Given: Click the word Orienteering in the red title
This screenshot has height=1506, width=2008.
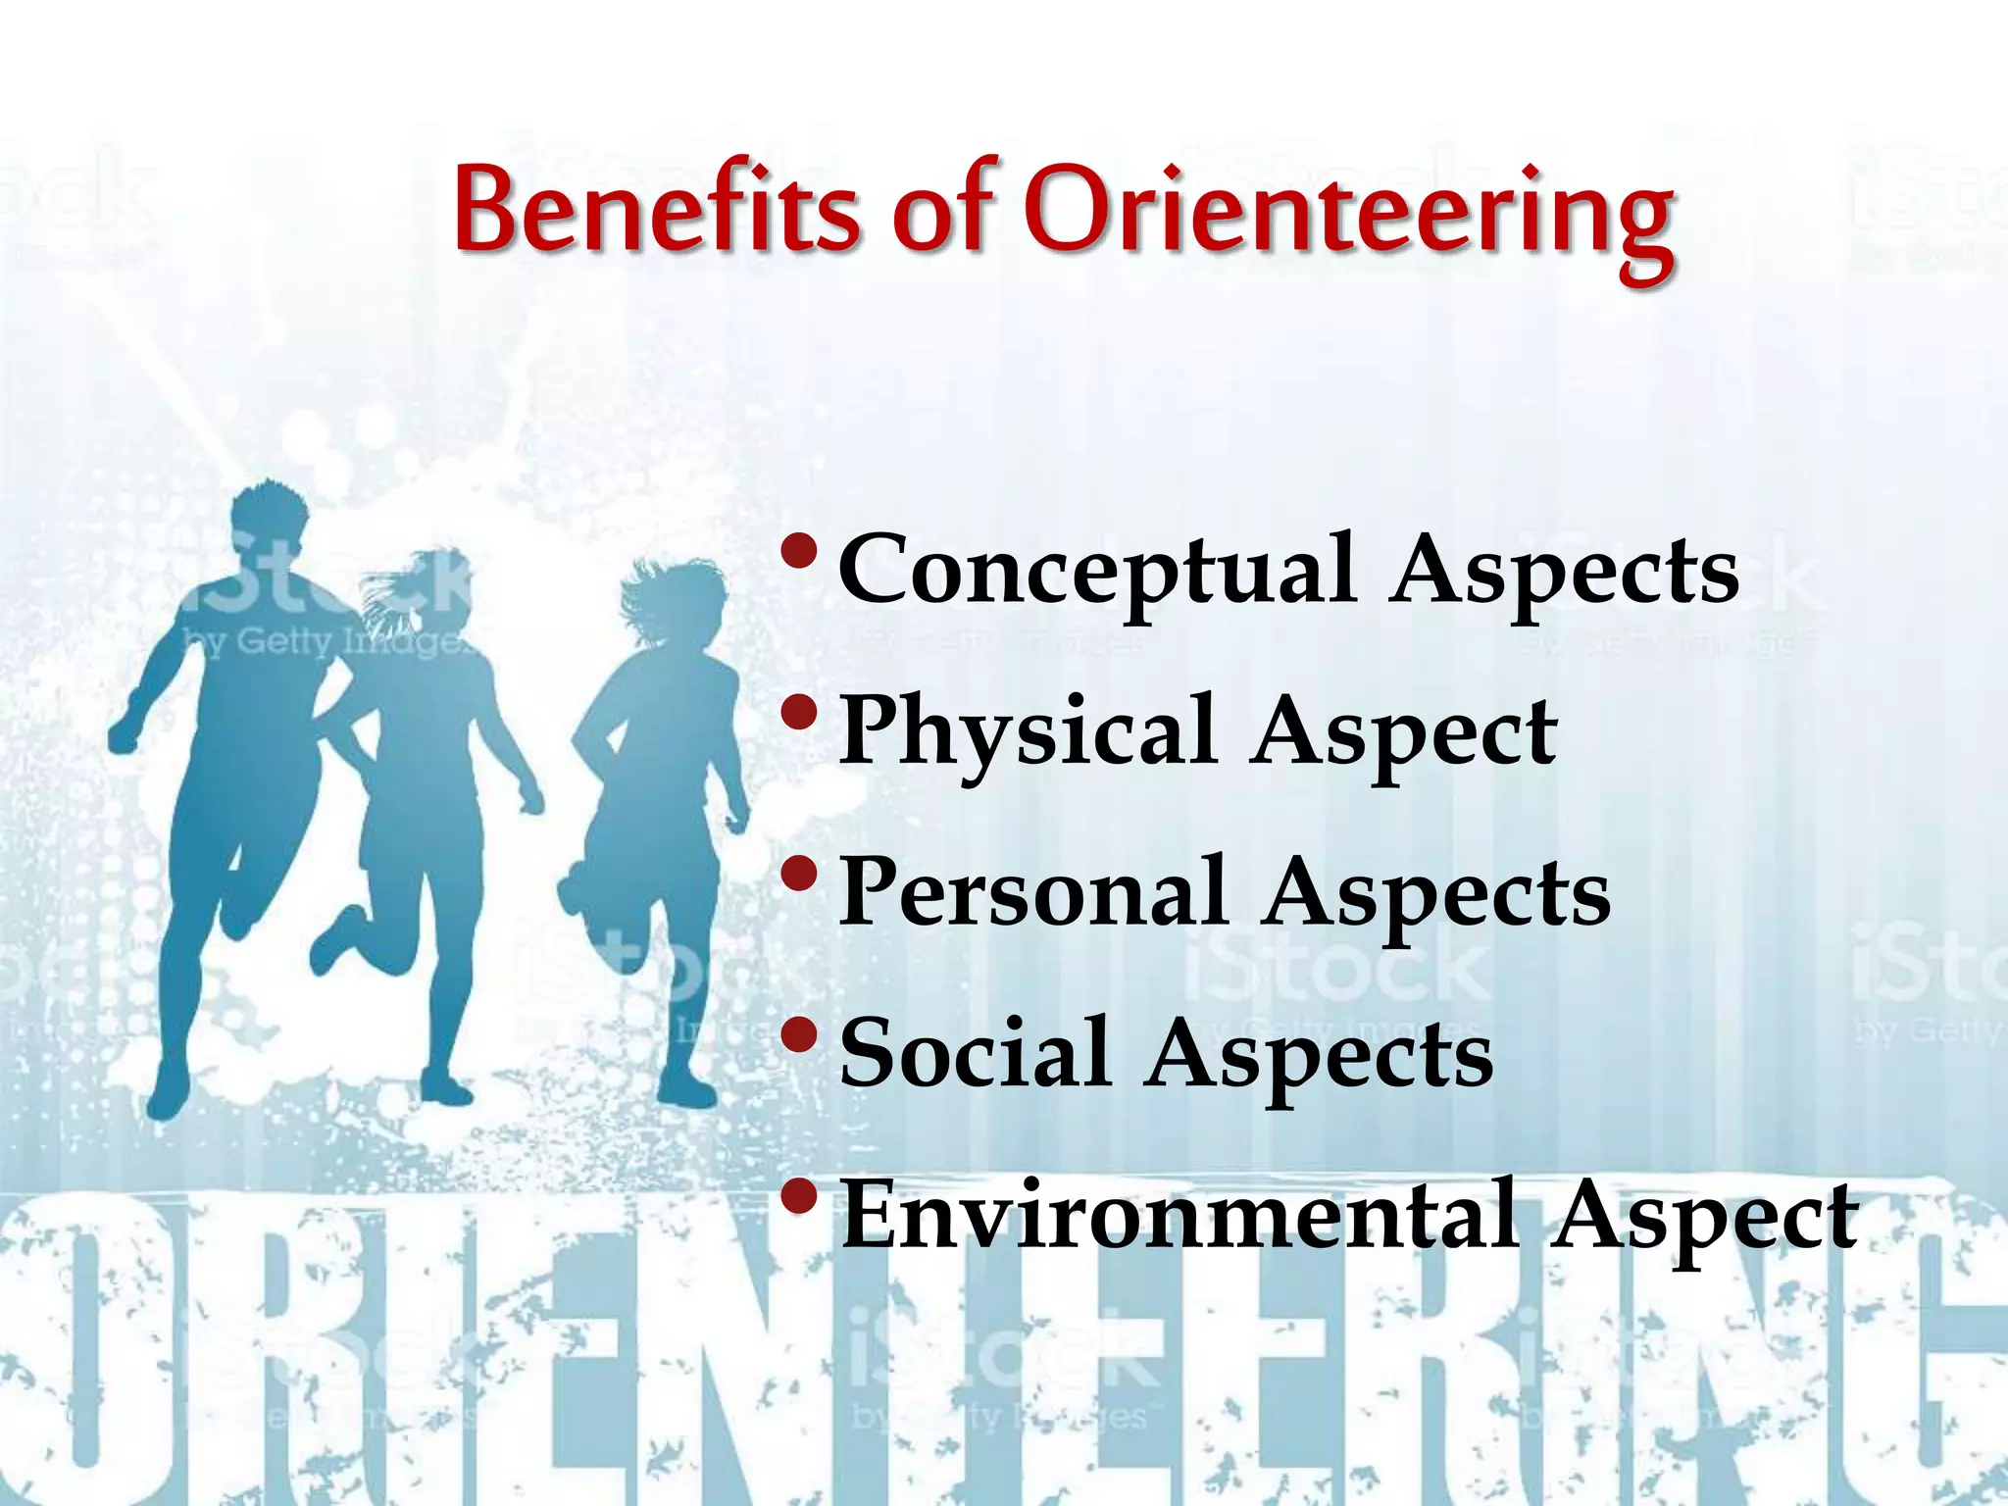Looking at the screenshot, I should click(x=1348, y=216).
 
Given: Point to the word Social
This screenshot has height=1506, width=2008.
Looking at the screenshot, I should click(x=975, y=1054).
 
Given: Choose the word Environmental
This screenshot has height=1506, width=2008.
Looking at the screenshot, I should click(x=1180, y=1217).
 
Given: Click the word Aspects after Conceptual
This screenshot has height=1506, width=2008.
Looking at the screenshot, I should click(x=1564, y=573).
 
